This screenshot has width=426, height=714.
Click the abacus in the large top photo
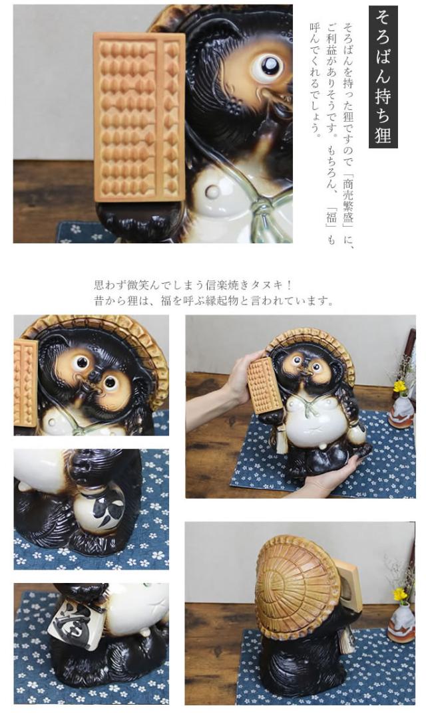click(138, 116)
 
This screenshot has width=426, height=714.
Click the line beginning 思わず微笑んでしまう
click(193, 285)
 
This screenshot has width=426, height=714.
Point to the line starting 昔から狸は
click(213, 301)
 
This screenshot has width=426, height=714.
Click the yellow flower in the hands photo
click(399, 386)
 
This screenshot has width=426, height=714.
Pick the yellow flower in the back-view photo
click(399, 594)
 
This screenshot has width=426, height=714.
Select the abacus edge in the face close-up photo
click(25, 382)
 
